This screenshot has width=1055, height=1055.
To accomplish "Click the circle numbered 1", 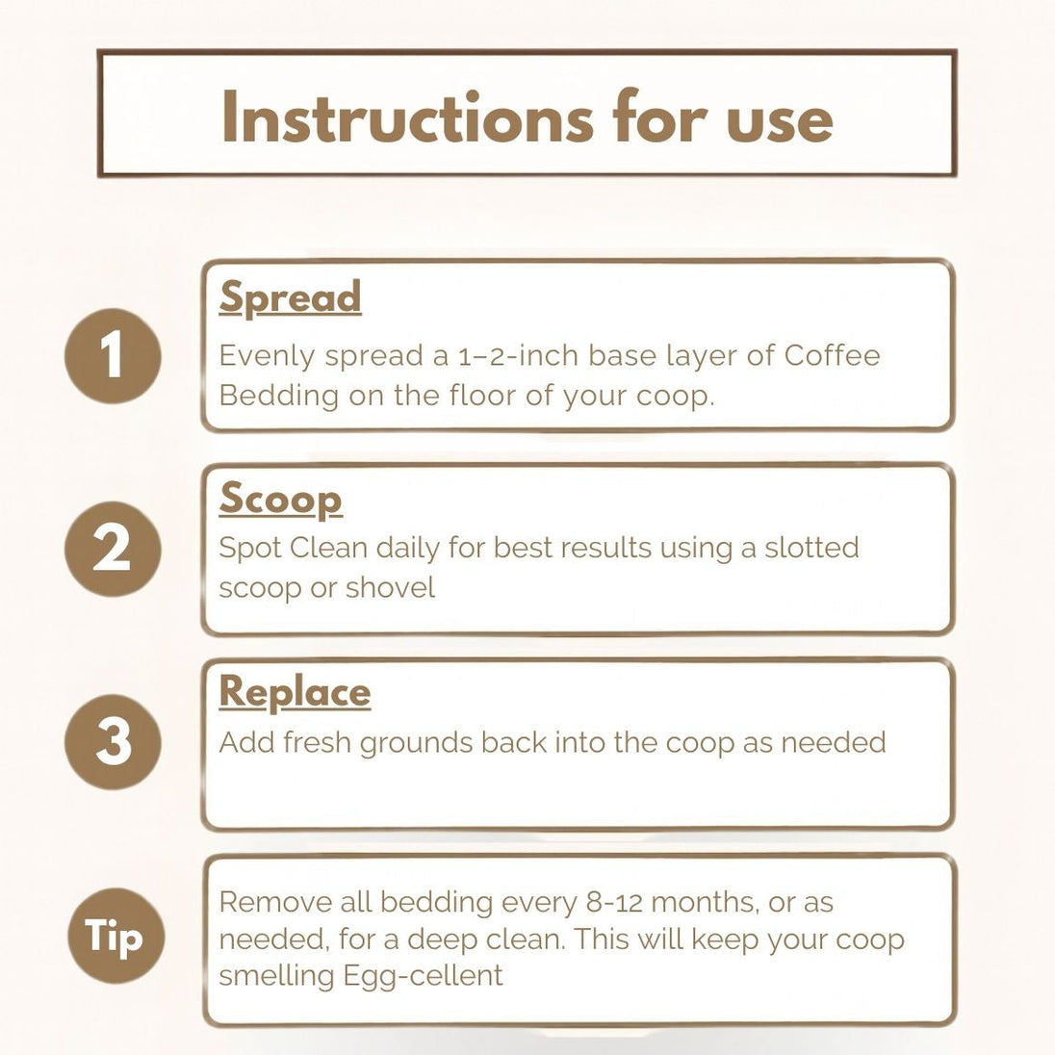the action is coord(113,355).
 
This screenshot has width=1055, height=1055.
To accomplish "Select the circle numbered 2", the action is coord(113,549).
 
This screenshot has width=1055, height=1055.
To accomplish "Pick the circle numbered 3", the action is coord(113,741).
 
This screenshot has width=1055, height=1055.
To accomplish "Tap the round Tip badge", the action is coord(116,936).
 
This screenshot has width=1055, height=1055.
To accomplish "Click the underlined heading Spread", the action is coord(290,297).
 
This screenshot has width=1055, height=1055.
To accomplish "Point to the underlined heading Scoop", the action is coord(280,500).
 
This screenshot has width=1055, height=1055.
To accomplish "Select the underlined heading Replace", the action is coord(295,692).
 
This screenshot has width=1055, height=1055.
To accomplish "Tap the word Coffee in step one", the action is coord(832,354).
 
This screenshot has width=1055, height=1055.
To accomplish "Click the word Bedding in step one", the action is coord(278,396).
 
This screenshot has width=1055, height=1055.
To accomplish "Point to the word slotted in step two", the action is coord(811,547).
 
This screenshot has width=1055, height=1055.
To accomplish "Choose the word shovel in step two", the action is coord(390,587).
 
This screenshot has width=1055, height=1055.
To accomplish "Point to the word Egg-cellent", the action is coord(423,976).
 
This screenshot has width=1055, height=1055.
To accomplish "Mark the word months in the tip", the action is coord(706,902).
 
